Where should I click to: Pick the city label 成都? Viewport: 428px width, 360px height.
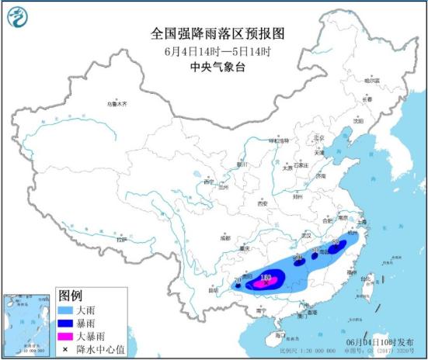pos(224,238)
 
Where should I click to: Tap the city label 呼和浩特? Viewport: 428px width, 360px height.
pos(278,141)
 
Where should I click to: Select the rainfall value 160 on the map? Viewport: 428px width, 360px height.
pos(266,275)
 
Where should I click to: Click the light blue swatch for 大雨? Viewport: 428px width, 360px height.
pos(68,310)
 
